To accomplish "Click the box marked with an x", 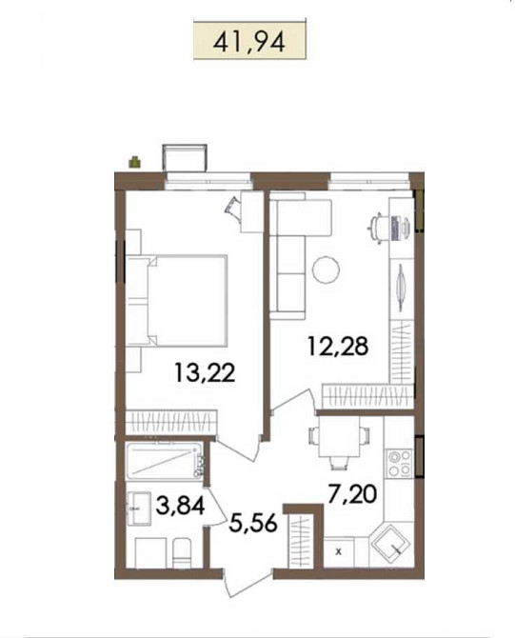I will [338, 550].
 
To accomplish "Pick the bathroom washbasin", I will [141, 507].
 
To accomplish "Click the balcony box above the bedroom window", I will [183, 156].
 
